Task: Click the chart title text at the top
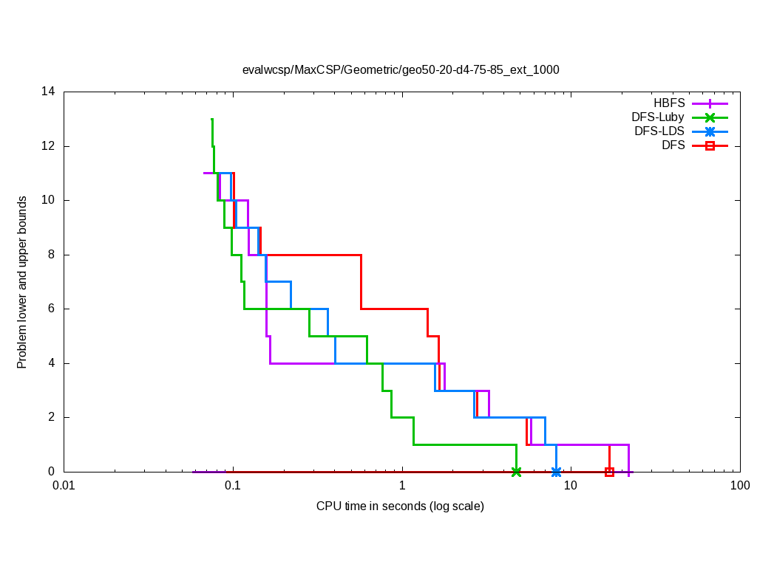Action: coord(401,70)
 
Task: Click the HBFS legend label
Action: coord(669,104)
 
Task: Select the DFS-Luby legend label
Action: coord(658,117)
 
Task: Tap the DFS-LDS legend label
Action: coord(659,131)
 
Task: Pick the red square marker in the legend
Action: coord(710,145)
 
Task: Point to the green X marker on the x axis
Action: coord(516,472)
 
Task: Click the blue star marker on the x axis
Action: coord(556,472)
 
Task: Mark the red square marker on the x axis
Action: coord(609,472)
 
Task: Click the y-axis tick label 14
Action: coord(48,92)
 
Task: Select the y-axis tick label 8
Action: coord(51,255)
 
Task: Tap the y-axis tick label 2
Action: coord(51,417)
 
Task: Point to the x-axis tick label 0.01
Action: coord(64,486)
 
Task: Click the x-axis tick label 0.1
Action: coord(233,486)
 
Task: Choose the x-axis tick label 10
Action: coord(571,486)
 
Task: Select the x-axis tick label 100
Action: coord(739,486)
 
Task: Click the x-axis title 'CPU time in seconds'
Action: coord(400,506)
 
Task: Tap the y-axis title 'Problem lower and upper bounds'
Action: coord(22,282)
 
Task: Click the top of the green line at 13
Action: coord(212,120)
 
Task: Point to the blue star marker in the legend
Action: coord(710,132)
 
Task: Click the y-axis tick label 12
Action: coord(48,146)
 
